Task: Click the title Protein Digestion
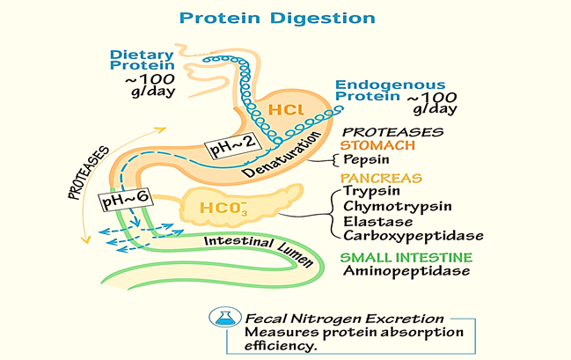[x=277, y=18]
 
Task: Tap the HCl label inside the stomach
[x=286, y=110]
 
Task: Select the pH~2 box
[x=233, y=144]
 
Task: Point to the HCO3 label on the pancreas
[x=223, y=209]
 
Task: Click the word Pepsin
[x=366, y=159]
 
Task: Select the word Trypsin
[x=372, y=191]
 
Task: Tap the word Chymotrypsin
[x=398, y=207]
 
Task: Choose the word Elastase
[x=378, y=222]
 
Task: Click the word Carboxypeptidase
[x=414, y=236]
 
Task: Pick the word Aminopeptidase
[x=406, y=271]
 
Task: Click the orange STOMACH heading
[x=377, y=145]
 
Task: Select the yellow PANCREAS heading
[x=381, y=178]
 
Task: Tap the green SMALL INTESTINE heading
[x=406, y=258]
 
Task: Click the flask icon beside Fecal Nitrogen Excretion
[x=225, y=317]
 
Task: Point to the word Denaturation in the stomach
[x=282, y=155]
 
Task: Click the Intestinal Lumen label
[x=259, y=250]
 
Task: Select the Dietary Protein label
[x=142, y=60]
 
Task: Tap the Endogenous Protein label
[x=391, y=91]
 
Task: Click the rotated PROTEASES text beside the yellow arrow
[x=89, y=173]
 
